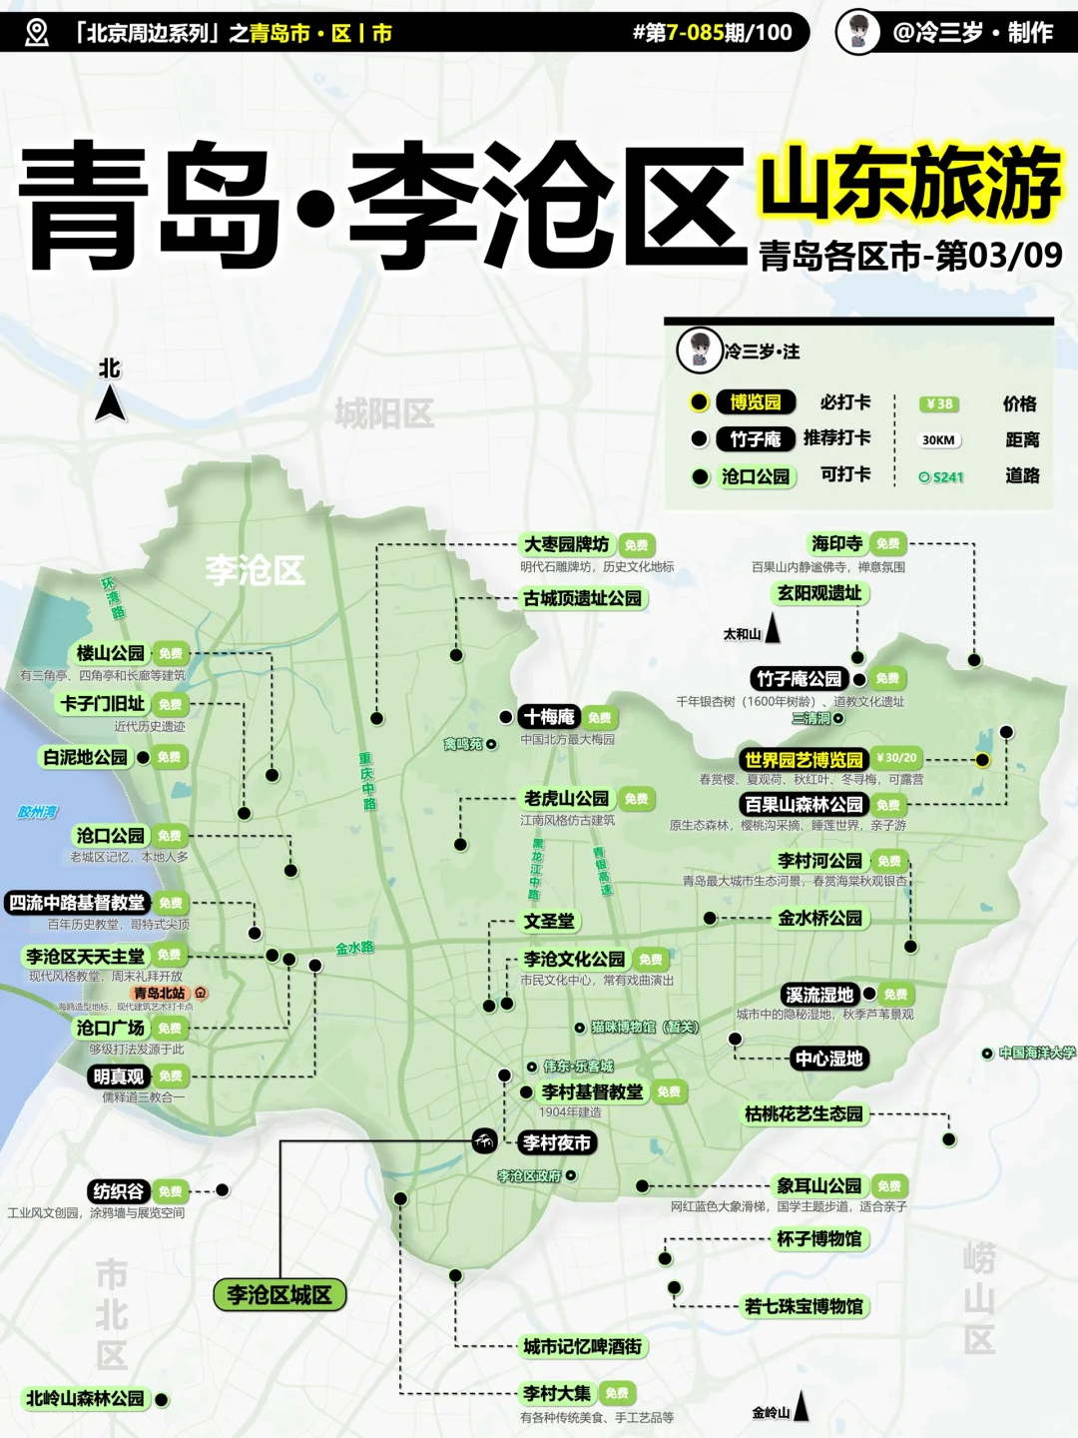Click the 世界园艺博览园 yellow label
tap(804, 760)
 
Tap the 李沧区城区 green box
tap(279, 1295)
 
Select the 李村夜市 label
tap(557, 1142)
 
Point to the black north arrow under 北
tap(110, 403)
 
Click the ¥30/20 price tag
tap(896, 758)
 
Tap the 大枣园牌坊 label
tap(566, 544)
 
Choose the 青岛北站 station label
tap(161, 993)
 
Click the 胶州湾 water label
tap(38, 812)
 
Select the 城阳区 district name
tap(384, 412)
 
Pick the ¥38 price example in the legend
tap(939, 403)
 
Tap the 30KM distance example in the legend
tap(938, 440)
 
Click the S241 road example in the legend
tap(942, 477)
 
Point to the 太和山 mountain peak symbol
tap(773, 628)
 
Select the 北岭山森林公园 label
tap(85, 1399)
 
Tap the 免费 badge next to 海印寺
tap(887, 544)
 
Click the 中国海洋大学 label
tap(1037, 1053)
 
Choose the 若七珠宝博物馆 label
tap(804, 1306)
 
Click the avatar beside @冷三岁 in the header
tap(857, 32)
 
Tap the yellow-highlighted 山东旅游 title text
tap(909, 183)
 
